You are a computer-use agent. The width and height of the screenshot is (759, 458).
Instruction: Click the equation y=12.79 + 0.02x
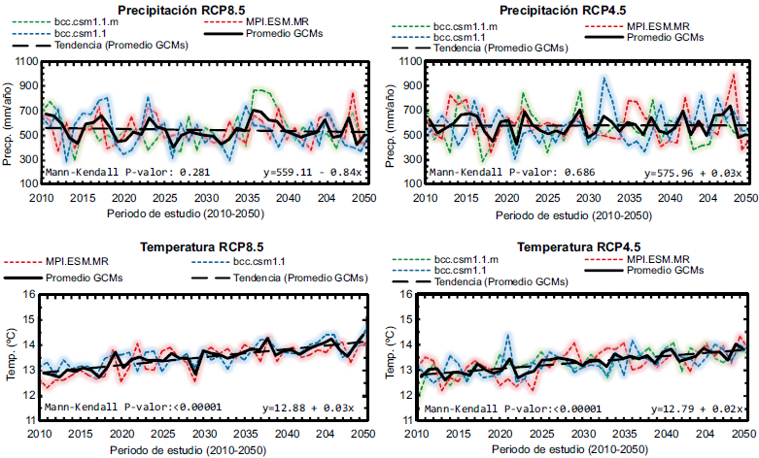click(x=696, y=409)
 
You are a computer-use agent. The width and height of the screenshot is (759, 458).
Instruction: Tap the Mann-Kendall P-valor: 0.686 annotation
click(x=499, y=173)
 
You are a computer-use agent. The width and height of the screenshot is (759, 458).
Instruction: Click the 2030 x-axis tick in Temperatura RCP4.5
click(x=583, y=434)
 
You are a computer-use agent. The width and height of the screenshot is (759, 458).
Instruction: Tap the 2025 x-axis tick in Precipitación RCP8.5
click(x=162, y=198)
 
